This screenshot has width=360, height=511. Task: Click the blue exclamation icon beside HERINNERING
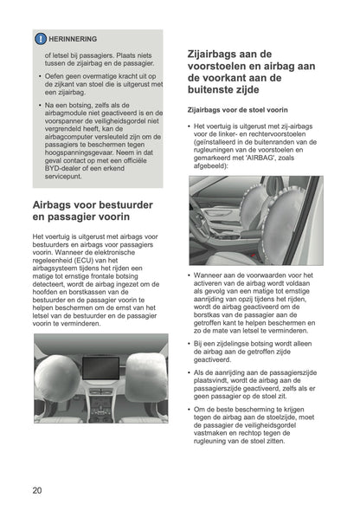(x=40, y=39)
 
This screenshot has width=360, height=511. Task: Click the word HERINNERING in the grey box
(x=73, y=39)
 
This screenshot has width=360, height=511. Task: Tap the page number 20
(x=36, y=489)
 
